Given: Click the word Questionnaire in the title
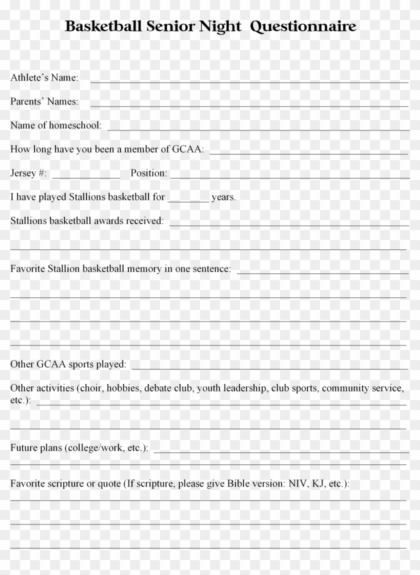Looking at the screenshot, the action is pyautogui.click(x=303, y=27).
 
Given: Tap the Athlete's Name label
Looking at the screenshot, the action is pyautogui.click(x=44, y=77).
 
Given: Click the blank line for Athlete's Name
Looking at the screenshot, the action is pyautogui.click(x=249, y=80).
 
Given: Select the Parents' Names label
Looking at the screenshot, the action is pyautogui.click(x=44, y=101).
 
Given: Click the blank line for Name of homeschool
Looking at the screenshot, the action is pyautogui.click(x=258, y=128).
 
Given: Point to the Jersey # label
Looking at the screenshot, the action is pyautogui.click(x=28, y=173).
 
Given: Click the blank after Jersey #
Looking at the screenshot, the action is pyautogui.click(x=86, y=176).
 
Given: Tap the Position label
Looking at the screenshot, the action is pyautogui.click(x=148, y=173).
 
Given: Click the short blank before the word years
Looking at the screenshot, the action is pyautogui.click(x=188, y=200).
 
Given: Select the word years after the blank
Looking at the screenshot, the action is pyautogui.click(x=223, y=197).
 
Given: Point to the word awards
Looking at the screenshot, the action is pyautogui.click(x=109, y=220).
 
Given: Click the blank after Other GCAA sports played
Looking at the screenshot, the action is pyautogui.click(x=270, y=367).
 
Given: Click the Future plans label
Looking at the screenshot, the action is pyautogui.click(x=79, y=447).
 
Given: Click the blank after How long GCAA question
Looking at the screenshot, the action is pyautogui.click(x=309, y=152).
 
